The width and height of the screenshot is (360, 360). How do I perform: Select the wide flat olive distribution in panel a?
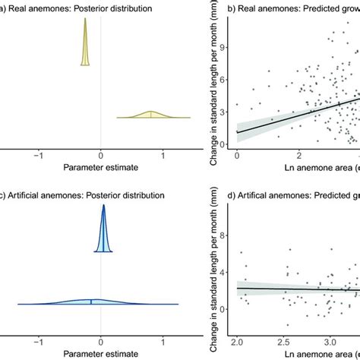(x=152, y=116)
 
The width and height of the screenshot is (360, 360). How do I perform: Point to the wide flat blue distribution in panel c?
(x=91, y=302)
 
